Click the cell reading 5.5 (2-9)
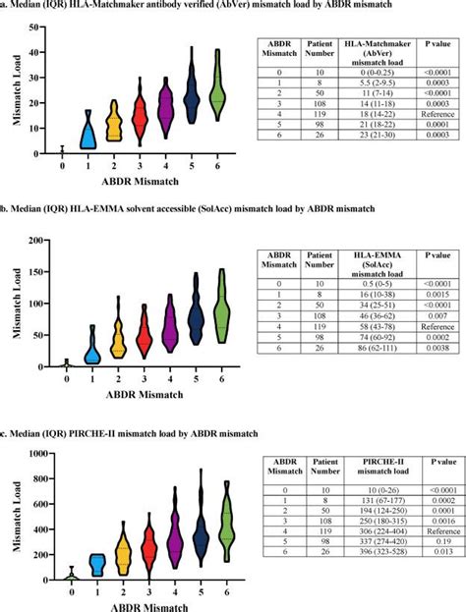click(371, 85)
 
